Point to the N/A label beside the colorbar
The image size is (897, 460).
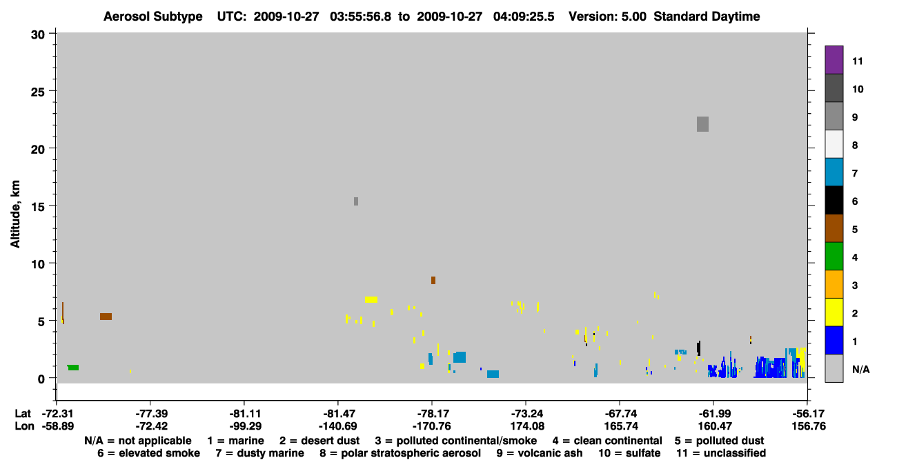click(860, 370)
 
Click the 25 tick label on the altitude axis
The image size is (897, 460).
click(38, 92)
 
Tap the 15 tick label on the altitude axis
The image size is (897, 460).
click(38, 207)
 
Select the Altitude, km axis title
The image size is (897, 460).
click(15, 214)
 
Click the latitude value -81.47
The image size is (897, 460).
click(337, 414)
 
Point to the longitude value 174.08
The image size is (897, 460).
click(527, 426)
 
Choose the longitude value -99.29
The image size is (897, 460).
click(245, 426)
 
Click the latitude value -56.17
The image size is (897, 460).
click(808, 414)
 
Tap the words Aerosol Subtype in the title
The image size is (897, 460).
click(153, 17)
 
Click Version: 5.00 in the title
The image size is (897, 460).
click(607, 17)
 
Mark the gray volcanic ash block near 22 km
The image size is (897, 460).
click(702, 124)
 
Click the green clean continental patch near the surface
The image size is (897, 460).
click(73, 368)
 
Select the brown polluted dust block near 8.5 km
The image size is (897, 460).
click(433, 280)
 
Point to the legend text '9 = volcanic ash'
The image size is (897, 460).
click(540, 453)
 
